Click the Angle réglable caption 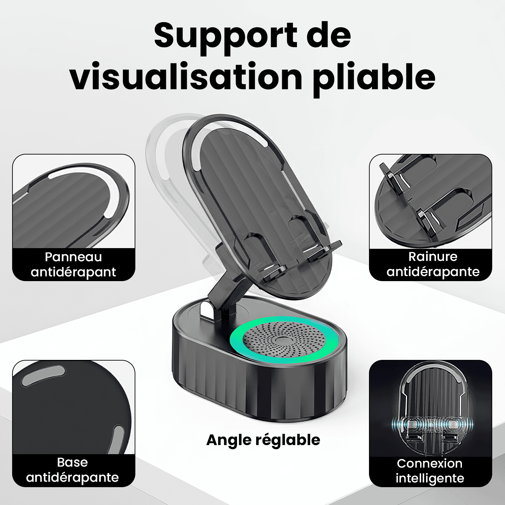pos(263,440)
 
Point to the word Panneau pos(73,257)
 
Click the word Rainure pos(433,257)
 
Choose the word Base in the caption pos(72,462)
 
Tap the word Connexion pos(430,463)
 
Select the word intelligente pos(430,478)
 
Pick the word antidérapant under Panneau pos(73,272)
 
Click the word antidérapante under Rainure pos(433,272)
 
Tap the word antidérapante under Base pos(72,477)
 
